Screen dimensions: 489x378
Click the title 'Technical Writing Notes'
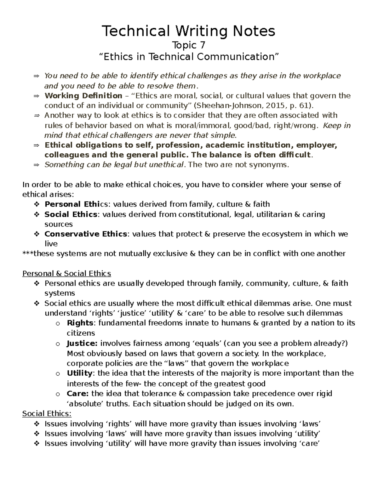pyautogui.click(x=188, y=31)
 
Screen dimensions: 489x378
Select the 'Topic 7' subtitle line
pyautogui.click(x=189, y=45)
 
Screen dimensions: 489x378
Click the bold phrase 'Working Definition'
pyautogui.click(x=83, y=96)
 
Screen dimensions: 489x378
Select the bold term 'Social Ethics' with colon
pyautogui.click(x=72, y=214)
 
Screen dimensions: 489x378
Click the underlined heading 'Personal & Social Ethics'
pyautogui.click(x=66, y=273)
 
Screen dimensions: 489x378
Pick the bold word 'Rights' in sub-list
pyautogui.click(x=80, y=323)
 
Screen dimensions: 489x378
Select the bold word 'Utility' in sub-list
pyautogui.click(x=79, y=373)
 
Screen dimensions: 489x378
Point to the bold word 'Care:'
pyautogui.click(x=78, y=394)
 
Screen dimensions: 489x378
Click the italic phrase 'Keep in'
pyautogui.click(x=337, y=126)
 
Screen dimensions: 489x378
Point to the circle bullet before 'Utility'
pyautogui.click(x=57, y=374)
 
